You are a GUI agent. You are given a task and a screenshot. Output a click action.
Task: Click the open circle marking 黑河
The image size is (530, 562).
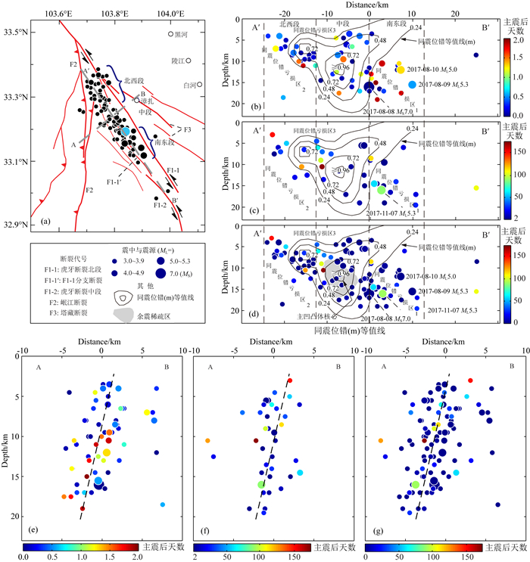click(170, 35)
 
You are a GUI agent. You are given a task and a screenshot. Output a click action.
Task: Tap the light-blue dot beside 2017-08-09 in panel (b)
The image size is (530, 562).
click(412, 85)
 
